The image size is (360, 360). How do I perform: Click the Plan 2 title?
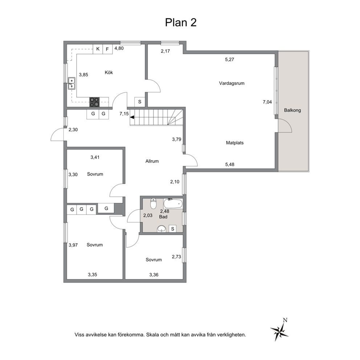(x=181, y=22)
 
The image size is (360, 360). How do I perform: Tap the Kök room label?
(x=109, y=72)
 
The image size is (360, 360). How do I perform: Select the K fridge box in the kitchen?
(x=98, y=49)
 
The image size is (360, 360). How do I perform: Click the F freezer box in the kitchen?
(x=107, y=49)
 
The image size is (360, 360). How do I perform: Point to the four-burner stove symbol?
(x=95, y=102)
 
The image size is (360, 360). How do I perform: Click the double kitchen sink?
(x=71, y=83)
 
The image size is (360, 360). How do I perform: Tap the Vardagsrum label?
(x=232, y=83)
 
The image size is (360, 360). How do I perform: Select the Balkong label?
(x=292, y=110)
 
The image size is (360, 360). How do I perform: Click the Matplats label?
(x=235, y=143)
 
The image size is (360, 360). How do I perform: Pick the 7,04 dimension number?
(x=267, y=102)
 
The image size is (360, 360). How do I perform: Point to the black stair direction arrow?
(x=132, y=117)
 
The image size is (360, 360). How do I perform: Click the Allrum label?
(x=152, y=161)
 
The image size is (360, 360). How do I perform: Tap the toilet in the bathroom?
(x=154, y=203)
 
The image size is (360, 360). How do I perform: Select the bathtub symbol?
(x=173, y=204)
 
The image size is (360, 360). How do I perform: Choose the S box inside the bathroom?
(x=173, y=229)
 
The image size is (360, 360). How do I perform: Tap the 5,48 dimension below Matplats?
(x=230, y=164)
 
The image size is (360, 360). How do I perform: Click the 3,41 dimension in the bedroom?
(x=95, y=157)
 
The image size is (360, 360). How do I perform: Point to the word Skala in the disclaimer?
(x=152, y=335)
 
